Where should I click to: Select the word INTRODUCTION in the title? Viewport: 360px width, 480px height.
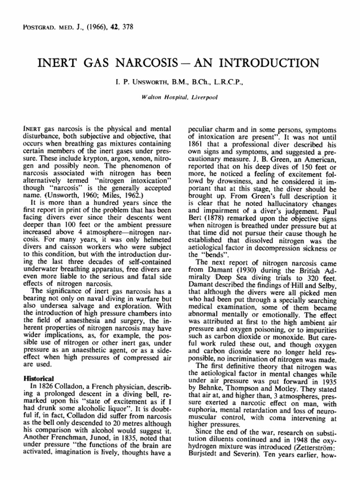[x=273, y=63]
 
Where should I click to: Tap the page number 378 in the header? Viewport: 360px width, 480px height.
[x=127, y=27]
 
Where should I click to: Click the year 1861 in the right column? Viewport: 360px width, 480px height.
[x=196, y=143]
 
